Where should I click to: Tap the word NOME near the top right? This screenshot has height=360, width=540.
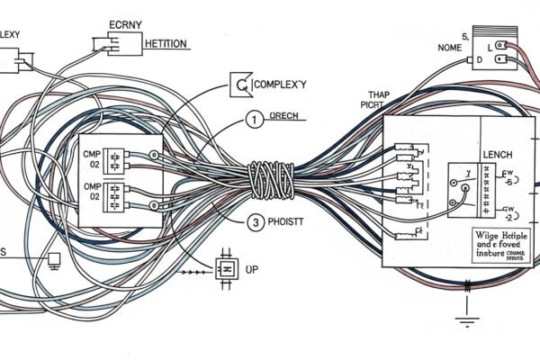449,46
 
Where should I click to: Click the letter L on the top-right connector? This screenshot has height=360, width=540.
490,45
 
